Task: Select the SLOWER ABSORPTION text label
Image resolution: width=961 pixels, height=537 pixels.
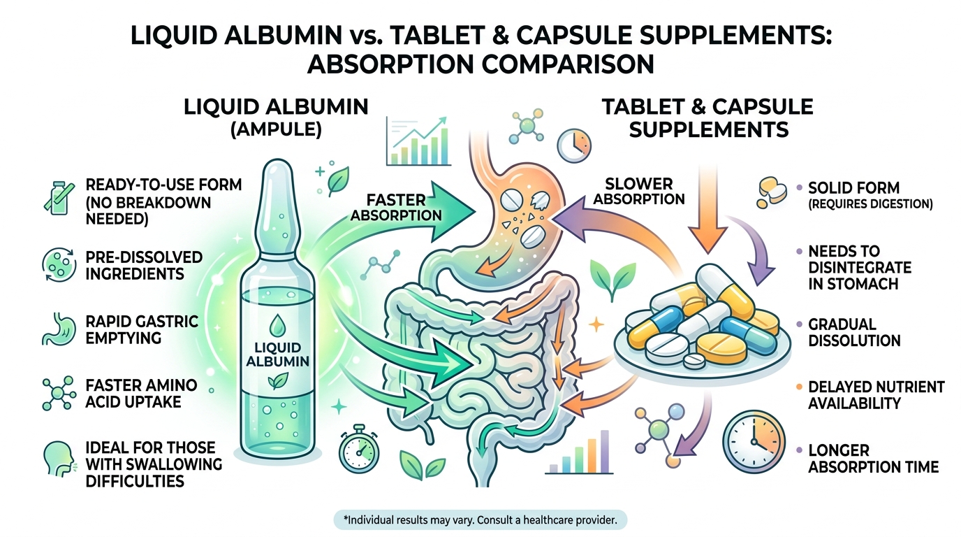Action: [x=640, y=191]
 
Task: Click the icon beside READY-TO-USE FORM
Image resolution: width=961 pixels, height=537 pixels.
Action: [x=56, y=194]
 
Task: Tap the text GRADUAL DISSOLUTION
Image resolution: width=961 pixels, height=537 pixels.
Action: [x=854, y=332]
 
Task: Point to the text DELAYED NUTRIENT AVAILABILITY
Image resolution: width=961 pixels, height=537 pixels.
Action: [x=876, y=395]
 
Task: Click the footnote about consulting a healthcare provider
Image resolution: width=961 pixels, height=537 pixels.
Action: [x=480, y=520]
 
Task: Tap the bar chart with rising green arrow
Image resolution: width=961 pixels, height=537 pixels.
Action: [x=420, y=140]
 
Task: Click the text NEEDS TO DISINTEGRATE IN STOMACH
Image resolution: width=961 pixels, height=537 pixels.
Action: [x=859, y=267]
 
